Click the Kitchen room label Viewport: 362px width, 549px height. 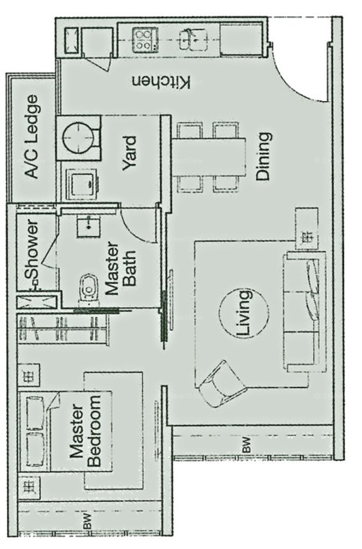click(161, 82)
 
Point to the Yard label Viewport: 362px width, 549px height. click(130, 153)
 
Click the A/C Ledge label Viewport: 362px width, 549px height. click(32, 137)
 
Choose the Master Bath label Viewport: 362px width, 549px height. click(121, 268)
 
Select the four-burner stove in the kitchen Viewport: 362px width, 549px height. click(145, 40)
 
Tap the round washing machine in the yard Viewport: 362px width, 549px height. click(78, 138)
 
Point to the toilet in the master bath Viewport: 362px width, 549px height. click(89, 290)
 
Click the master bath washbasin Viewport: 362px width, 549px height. click(88, 228)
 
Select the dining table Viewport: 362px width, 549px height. click(209, 157)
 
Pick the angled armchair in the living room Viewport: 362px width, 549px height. click(222, 385)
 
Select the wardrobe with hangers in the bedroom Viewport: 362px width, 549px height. click(63, 329)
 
